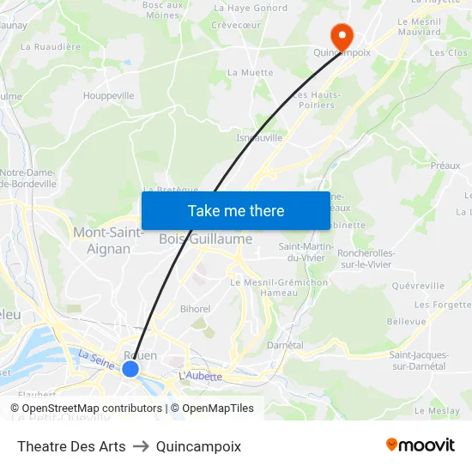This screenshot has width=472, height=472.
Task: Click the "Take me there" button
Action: point(235,210)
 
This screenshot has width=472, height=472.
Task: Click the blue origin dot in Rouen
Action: point(130,368)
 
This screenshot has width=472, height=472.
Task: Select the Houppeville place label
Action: point(109,96)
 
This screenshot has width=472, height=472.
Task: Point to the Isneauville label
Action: point(259,137)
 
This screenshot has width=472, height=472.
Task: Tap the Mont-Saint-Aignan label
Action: point(108,240)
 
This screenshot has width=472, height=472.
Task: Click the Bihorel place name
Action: point(196,309)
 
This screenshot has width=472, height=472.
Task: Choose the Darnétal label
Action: point(286,345)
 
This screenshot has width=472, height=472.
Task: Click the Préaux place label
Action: point(445,166)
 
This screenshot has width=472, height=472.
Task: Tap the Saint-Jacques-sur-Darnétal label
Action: point(417,360)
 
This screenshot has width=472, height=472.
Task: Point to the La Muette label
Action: point(250,73)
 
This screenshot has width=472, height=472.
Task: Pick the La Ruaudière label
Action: point(50,46)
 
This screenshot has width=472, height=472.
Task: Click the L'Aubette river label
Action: point(200,376)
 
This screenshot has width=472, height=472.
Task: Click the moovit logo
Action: point(420,445)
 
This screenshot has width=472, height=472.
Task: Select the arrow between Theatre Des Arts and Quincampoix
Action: point(141,446)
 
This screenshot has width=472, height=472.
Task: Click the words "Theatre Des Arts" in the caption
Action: point(71,446)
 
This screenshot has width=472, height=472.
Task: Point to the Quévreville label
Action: point(417,286)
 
